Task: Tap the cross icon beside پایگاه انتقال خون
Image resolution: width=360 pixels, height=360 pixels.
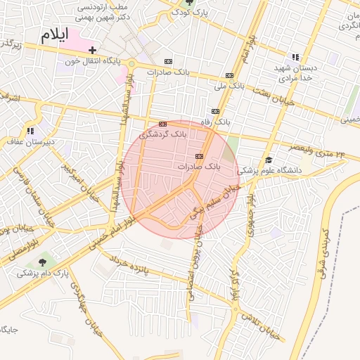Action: (x=92, y=50)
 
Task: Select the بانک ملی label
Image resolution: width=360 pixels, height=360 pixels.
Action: (x=229, y=85)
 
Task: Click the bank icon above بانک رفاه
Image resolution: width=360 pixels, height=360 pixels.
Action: (x=215, y=111)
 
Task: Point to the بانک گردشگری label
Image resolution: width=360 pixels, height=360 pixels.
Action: (x=163, y=133)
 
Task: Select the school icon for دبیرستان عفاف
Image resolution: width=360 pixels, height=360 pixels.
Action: (x=30, y=131)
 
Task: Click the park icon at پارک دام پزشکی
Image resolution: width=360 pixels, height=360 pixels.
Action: (x=46, y=261)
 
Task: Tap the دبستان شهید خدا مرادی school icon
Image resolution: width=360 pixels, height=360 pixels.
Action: (x=295, y=57)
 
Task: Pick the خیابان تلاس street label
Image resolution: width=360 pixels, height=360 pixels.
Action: (x=261, y=326)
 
